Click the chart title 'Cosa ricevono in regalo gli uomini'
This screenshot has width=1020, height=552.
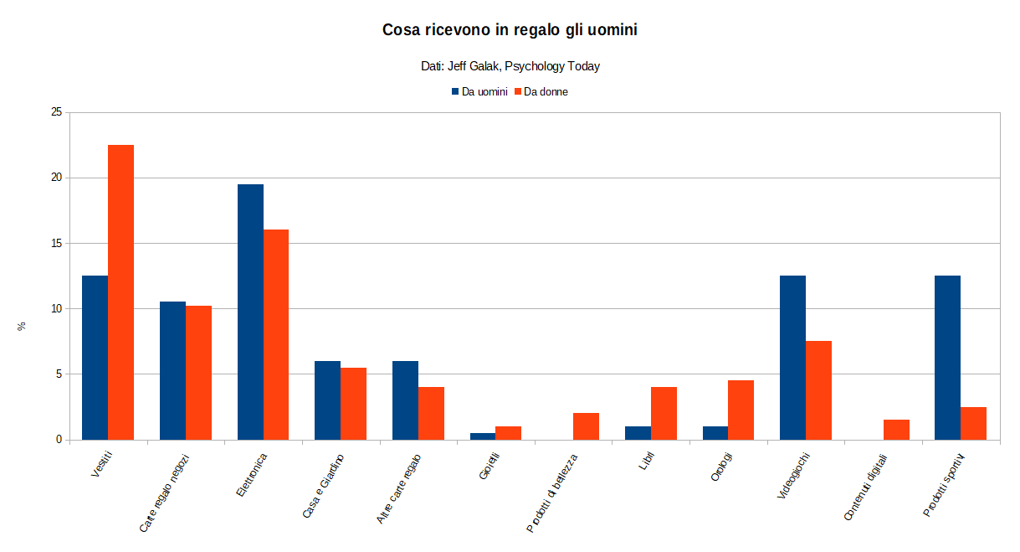pos(510,30)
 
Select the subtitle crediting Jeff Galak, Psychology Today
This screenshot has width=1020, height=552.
pos(510,66)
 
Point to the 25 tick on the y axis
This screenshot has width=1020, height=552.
pos(57,112)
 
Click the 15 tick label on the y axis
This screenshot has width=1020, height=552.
pos(57,243)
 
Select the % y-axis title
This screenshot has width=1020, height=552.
pos(23,326)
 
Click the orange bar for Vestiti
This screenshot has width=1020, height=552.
pos(120,292)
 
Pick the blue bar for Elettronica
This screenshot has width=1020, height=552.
pos(250,312)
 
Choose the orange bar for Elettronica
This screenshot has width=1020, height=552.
pos(276,334)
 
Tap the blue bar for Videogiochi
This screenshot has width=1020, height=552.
pos(792,358)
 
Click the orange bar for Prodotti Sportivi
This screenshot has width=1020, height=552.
pos(973,423)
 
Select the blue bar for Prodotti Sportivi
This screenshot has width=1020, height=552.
pos(947,358)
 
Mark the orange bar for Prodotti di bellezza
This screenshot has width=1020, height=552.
pos(586,426)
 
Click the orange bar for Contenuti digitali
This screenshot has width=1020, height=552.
pos(896,430)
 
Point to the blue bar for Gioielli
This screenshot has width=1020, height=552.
pos(482,436)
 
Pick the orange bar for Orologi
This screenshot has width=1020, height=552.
pos(741,410)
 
